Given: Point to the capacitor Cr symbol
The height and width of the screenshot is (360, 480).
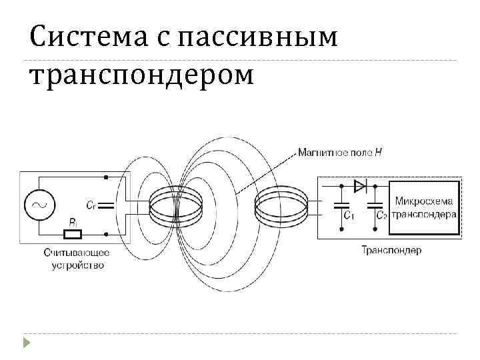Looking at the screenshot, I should pos(106,205).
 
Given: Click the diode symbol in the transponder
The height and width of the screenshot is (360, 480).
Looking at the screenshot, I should pos(361,185).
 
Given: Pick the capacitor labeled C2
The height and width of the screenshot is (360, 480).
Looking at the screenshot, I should pos(376,205).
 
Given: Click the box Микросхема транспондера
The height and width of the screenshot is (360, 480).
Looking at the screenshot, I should pos(425,207).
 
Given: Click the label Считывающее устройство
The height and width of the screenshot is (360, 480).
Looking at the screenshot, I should pos(77,259).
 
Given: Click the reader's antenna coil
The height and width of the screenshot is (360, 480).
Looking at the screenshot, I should pos(175,205).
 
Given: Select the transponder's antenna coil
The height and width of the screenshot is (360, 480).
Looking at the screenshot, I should pos(280,205).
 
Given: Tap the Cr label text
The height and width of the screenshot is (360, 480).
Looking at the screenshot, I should pos(91,205).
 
